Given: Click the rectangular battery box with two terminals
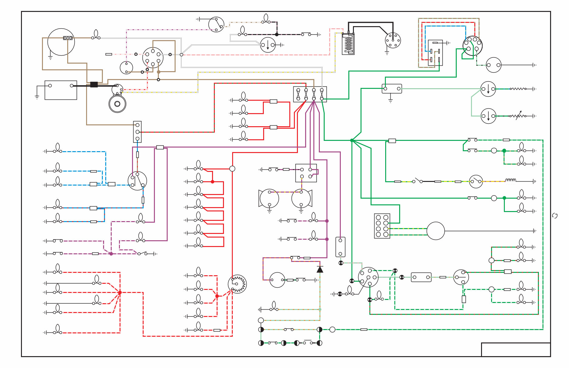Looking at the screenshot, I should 61,90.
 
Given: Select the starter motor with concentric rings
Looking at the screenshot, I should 117,104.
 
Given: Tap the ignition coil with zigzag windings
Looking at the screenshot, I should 348,44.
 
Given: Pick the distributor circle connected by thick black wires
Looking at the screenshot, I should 393,40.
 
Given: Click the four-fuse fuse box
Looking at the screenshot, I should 310,94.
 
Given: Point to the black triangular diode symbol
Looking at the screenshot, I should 320,269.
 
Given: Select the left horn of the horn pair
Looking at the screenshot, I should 269,199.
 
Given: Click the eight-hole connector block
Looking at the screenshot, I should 382,226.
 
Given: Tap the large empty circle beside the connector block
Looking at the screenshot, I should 435,231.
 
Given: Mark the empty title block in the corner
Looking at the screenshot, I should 515,349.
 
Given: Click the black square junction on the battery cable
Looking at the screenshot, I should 94,85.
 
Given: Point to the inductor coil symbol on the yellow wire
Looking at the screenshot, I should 511,180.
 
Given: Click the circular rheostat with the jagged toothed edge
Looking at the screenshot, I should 237,284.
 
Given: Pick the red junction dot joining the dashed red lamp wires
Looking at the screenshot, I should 120,293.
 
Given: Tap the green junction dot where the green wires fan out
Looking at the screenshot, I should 352,140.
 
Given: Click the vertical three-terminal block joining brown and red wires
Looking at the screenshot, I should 137,132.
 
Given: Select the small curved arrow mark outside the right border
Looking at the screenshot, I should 555,216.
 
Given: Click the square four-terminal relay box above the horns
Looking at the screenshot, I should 306,173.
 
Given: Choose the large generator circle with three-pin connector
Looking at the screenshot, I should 61,42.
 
